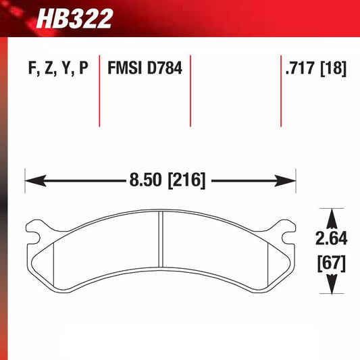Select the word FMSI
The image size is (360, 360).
tap(124, 69)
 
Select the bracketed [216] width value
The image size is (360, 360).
tap(183, 181)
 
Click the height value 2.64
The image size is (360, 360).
tap(331, 238)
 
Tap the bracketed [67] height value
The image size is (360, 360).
tap(331, 262)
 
